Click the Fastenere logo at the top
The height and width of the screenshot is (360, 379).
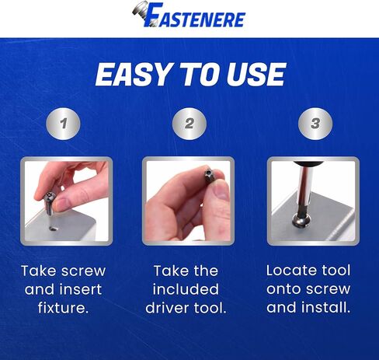tap(189, 17)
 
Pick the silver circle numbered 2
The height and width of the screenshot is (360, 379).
tap(189, 123)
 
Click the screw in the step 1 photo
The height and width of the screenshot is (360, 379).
tap(50, 204)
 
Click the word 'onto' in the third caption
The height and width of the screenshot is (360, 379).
tap(287, 288)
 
